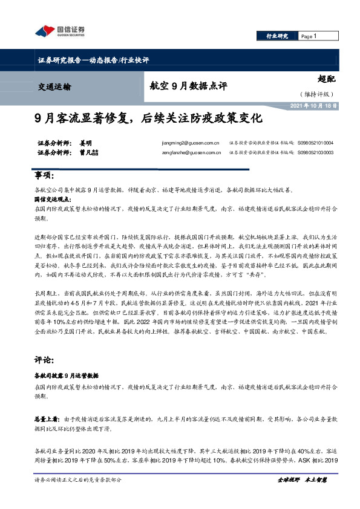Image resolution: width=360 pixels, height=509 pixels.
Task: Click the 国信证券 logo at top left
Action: point(60,31)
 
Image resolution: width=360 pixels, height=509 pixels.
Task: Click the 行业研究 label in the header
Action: point(278,36)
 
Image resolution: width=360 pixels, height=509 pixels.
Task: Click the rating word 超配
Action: point(326,79)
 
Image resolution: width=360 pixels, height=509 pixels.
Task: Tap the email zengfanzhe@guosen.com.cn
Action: point(186,154)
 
